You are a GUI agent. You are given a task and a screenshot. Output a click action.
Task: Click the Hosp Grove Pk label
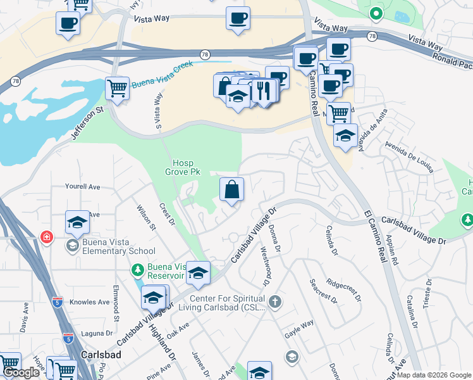(187, 167)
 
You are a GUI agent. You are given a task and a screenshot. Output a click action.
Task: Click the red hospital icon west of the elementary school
(47, 238)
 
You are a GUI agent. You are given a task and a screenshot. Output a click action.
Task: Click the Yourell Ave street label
(83, 187)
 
